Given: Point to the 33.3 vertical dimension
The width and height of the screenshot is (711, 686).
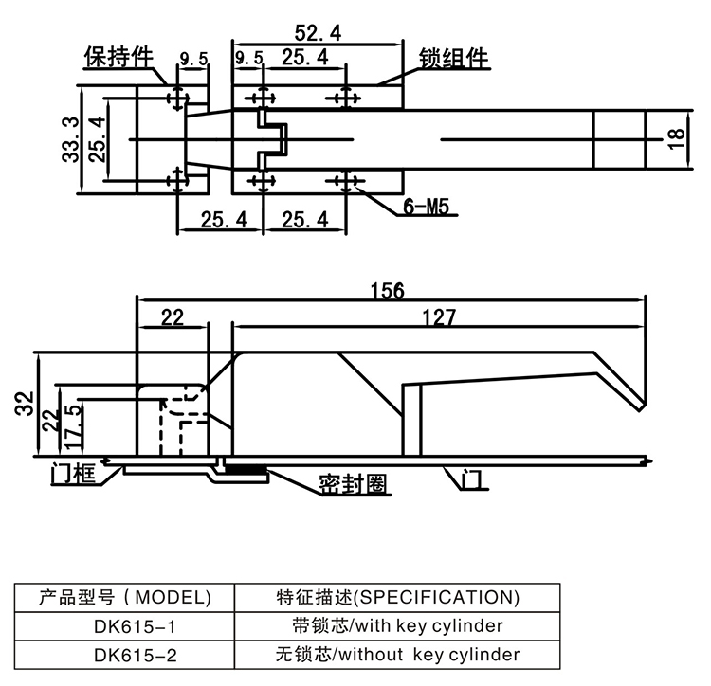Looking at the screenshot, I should coord(69,138).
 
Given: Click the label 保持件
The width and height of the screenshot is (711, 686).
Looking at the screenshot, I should coord(118,57).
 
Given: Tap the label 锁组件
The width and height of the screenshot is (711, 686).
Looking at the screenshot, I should coord(453,58).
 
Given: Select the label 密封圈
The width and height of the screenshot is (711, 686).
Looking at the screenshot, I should coord(352,485).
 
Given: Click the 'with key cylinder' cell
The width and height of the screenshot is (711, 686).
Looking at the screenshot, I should coord(397,625).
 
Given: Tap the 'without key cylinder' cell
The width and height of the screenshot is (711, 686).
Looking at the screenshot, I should coord(397,654).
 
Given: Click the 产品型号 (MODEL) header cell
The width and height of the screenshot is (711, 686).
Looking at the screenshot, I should coord(124,597).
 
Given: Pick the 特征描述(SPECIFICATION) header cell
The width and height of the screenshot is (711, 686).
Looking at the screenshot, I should coord(397,597).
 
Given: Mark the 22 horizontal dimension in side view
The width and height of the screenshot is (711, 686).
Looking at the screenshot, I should coord(172,317).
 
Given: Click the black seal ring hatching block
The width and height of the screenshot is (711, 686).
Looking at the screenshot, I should coord(246,470).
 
